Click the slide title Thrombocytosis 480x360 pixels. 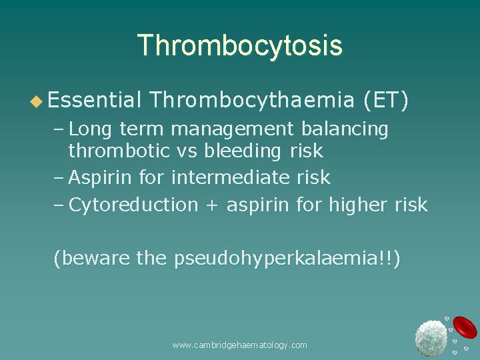click(x=239, y=45)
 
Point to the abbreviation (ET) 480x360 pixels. click(x=386, y=100)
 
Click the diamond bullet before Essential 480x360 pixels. click(x=37, y=101)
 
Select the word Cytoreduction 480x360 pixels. click(x=133, y=205)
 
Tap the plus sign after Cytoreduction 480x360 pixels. click(x=212, y=205)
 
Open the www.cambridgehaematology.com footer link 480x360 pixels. click(x=239, y=345)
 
